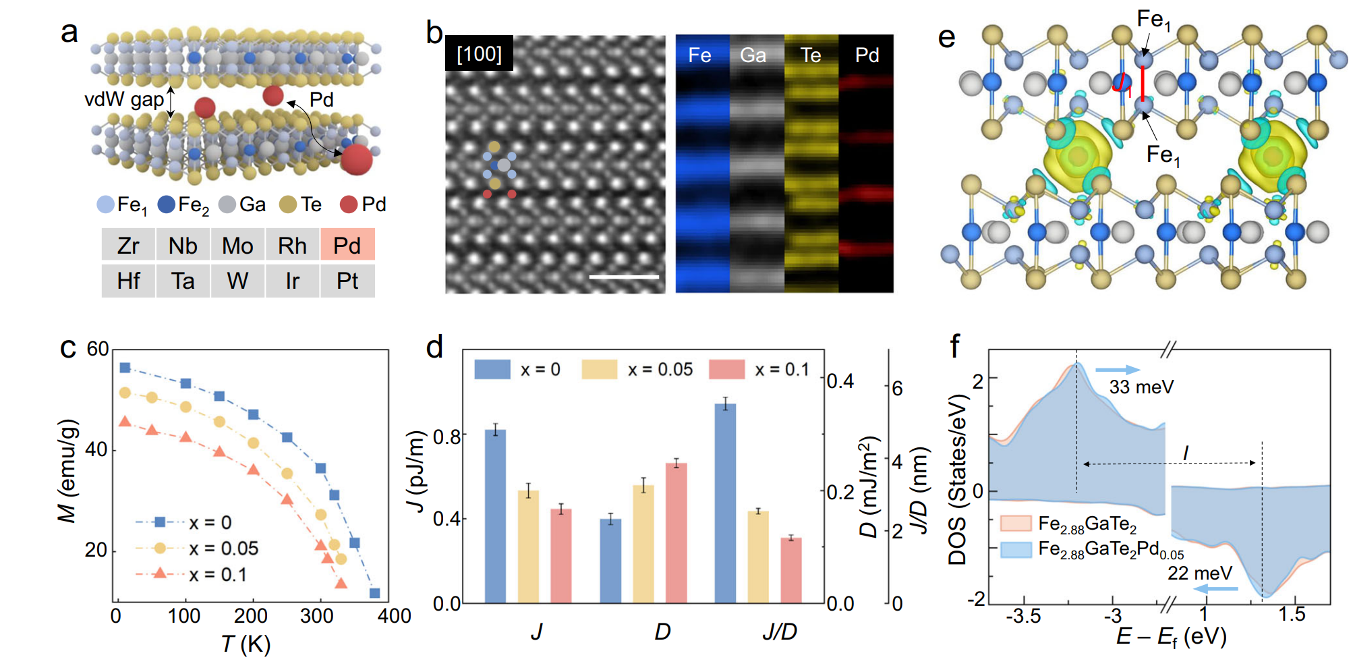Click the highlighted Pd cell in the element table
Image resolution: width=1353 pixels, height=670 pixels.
(347, 245)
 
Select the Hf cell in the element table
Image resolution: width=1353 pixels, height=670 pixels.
(128, 281)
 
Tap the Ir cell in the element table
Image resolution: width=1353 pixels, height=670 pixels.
(292, 281)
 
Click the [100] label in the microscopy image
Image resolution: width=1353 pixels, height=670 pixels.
(479, 53)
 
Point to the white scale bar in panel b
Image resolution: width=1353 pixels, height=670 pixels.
(624, 276)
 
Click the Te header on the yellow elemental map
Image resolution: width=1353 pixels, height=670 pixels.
(811, 55)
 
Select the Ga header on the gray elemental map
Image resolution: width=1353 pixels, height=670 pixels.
(753, 55)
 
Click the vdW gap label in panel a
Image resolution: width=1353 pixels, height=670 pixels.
(124, 100)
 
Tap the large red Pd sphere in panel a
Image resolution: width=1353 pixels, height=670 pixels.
(356, 159)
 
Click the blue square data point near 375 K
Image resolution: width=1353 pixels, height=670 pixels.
(374, 593)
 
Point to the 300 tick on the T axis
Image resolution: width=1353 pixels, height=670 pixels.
(317, 615)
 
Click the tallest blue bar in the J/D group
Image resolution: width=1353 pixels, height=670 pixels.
(725, 503)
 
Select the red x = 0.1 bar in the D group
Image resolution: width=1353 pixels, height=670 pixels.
(676, 533)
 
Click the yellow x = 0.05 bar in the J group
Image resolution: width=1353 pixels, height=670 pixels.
(529, 547)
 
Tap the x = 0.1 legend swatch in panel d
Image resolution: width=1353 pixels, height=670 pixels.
(727, 369)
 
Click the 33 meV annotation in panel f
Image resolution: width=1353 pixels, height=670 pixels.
(1141, 387)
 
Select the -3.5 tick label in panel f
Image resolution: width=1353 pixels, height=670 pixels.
(1023, 616)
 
